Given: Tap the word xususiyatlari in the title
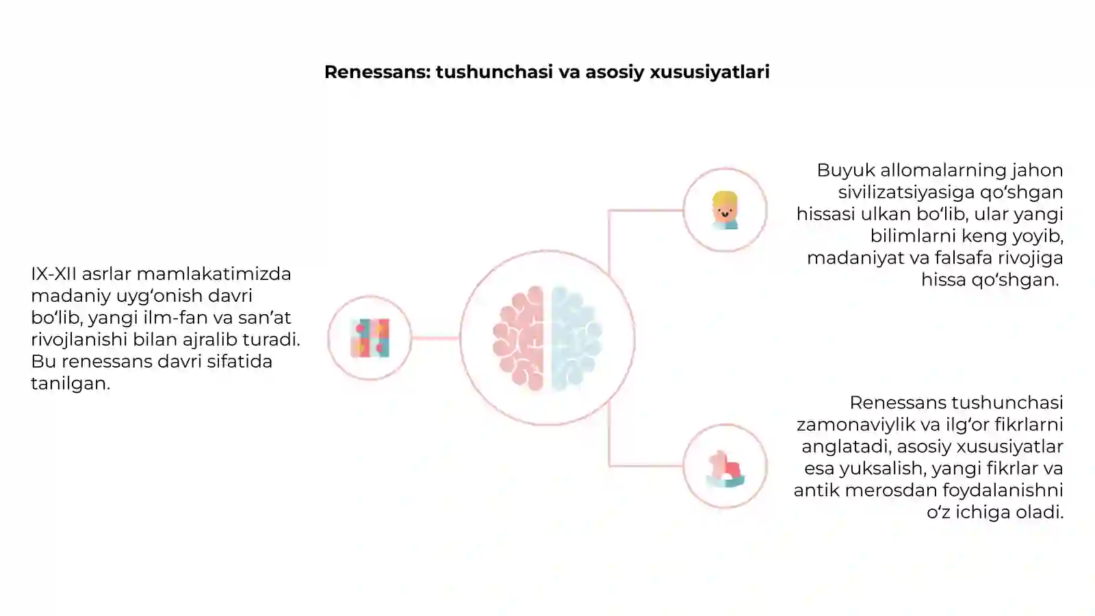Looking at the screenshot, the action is tap(709, 73).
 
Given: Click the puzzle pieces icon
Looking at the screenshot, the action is tap(370, 338).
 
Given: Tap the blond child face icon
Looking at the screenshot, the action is tap(725, 210).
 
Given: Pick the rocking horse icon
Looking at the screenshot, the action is tap(725, 468).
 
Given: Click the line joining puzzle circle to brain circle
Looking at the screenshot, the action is tap(435, 338).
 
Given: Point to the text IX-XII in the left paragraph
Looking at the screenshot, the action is tap(54, 274).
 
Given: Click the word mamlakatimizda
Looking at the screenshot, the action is tap(214, 274).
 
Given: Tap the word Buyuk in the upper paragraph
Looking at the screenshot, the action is tap(846, 170).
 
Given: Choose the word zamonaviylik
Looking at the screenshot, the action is tap(855, 425).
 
